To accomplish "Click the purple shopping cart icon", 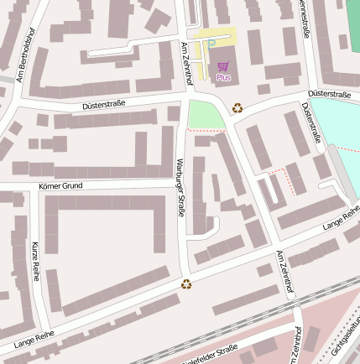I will click(x=222, y=66).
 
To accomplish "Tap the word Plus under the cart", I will click(x=223, y=77).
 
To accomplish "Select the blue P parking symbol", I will click(x=211, y=44).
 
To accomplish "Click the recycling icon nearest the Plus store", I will click(x=237, y=107).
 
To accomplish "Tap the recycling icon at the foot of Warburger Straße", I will click(x=186, y=283).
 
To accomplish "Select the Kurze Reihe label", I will click(x=35, y=260).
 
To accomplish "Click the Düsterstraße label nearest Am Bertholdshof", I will click(x=103, y=104).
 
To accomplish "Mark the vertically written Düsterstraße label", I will click(x=310, y=122).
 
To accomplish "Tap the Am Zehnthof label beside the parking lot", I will click(x=188, y=62).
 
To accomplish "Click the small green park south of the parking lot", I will click(x=206, y=115).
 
